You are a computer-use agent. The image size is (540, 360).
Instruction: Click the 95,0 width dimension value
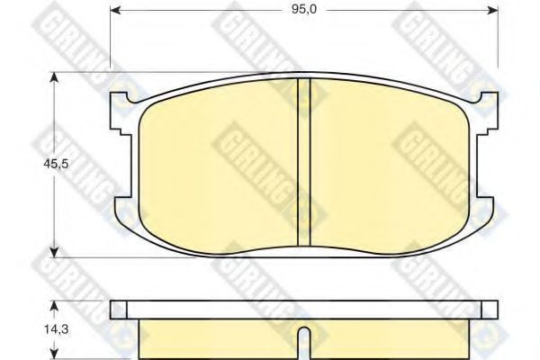pyautogui.click(x=304, y=9)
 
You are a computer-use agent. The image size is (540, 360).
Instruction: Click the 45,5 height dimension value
pyautogui.click(x=56, y=164)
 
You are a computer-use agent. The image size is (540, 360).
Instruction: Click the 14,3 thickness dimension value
pyautogui.click(x=56, y=329)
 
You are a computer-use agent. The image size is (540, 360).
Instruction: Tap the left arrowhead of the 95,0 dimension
pyautogui.click(x=115, y=10)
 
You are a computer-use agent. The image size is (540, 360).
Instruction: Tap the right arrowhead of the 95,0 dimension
pyautogui.click(x=493, y=10)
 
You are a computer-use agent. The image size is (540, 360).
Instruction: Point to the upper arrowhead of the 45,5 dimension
pyautogui.click(x=53, y=78)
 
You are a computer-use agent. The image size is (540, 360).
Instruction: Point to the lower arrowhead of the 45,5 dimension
pyautogui.click(x=53, y=252)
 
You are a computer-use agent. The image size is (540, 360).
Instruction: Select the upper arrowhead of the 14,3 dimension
pyautogui.click(x=53, y=306)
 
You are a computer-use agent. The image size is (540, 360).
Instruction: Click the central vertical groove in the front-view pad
pyautogui.click(x=304, y=162)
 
